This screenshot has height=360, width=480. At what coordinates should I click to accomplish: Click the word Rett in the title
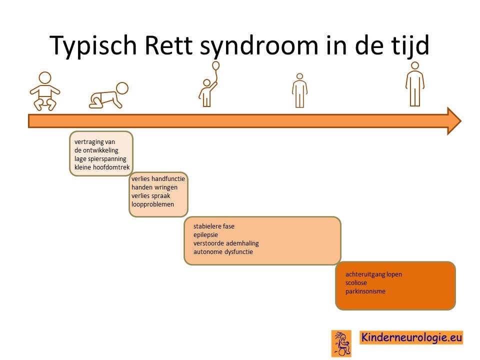tap(168, 45)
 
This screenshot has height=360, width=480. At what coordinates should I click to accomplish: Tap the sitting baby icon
tap(45, 91)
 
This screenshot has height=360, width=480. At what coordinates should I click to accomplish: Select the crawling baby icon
tap(108, 95)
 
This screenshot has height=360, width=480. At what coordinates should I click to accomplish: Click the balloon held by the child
tap(215, 65)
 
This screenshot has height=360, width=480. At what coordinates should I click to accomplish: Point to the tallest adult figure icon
tap(415, 84)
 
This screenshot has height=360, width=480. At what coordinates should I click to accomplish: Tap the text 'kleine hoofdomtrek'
tap(102, 167)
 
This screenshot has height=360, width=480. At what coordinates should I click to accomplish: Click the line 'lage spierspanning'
tap(100, 159)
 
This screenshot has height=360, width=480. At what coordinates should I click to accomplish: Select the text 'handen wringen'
tap(154, 187)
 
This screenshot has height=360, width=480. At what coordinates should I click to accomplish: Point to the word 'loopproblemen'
tap(152, 204)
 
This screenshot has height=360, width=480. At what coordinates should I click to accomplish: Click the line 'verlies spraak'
tap(150, 195)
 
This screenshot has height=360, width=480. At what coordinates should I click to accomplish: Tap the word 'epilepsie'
tap(205, 235)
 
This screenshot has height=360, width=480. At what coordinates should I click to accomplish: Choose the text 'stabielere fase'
tap(213, 226)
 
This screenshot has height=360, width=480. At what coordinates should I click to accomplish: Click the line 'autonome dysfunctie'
tap(223, 252)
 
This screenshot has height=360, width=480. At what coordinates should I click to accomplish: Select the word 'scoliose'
tap(356, 283)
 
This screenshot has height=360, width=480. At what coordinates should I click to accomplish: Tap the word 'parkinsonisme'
tap(365, 291)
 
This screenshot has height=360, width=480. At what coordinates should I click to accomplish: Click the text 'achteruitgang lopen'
tap(373, 274)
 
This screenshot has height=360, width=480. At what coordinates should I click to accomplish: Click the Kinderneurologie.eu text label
tap(411, 337)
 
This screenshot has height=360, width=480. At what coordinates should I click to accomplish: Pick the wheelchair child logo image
tap(341, 343)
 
